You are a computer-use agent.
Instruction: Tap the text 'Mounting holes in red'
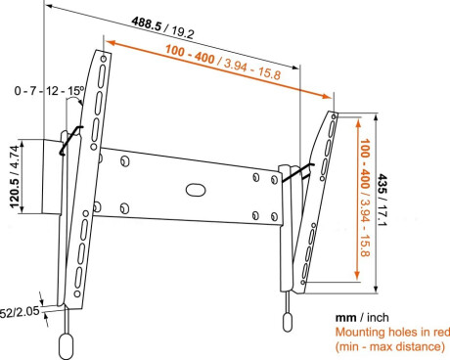[x=387, y=333]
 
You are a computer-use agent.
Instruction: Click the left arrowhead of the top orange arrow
[x=107, y=44]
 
